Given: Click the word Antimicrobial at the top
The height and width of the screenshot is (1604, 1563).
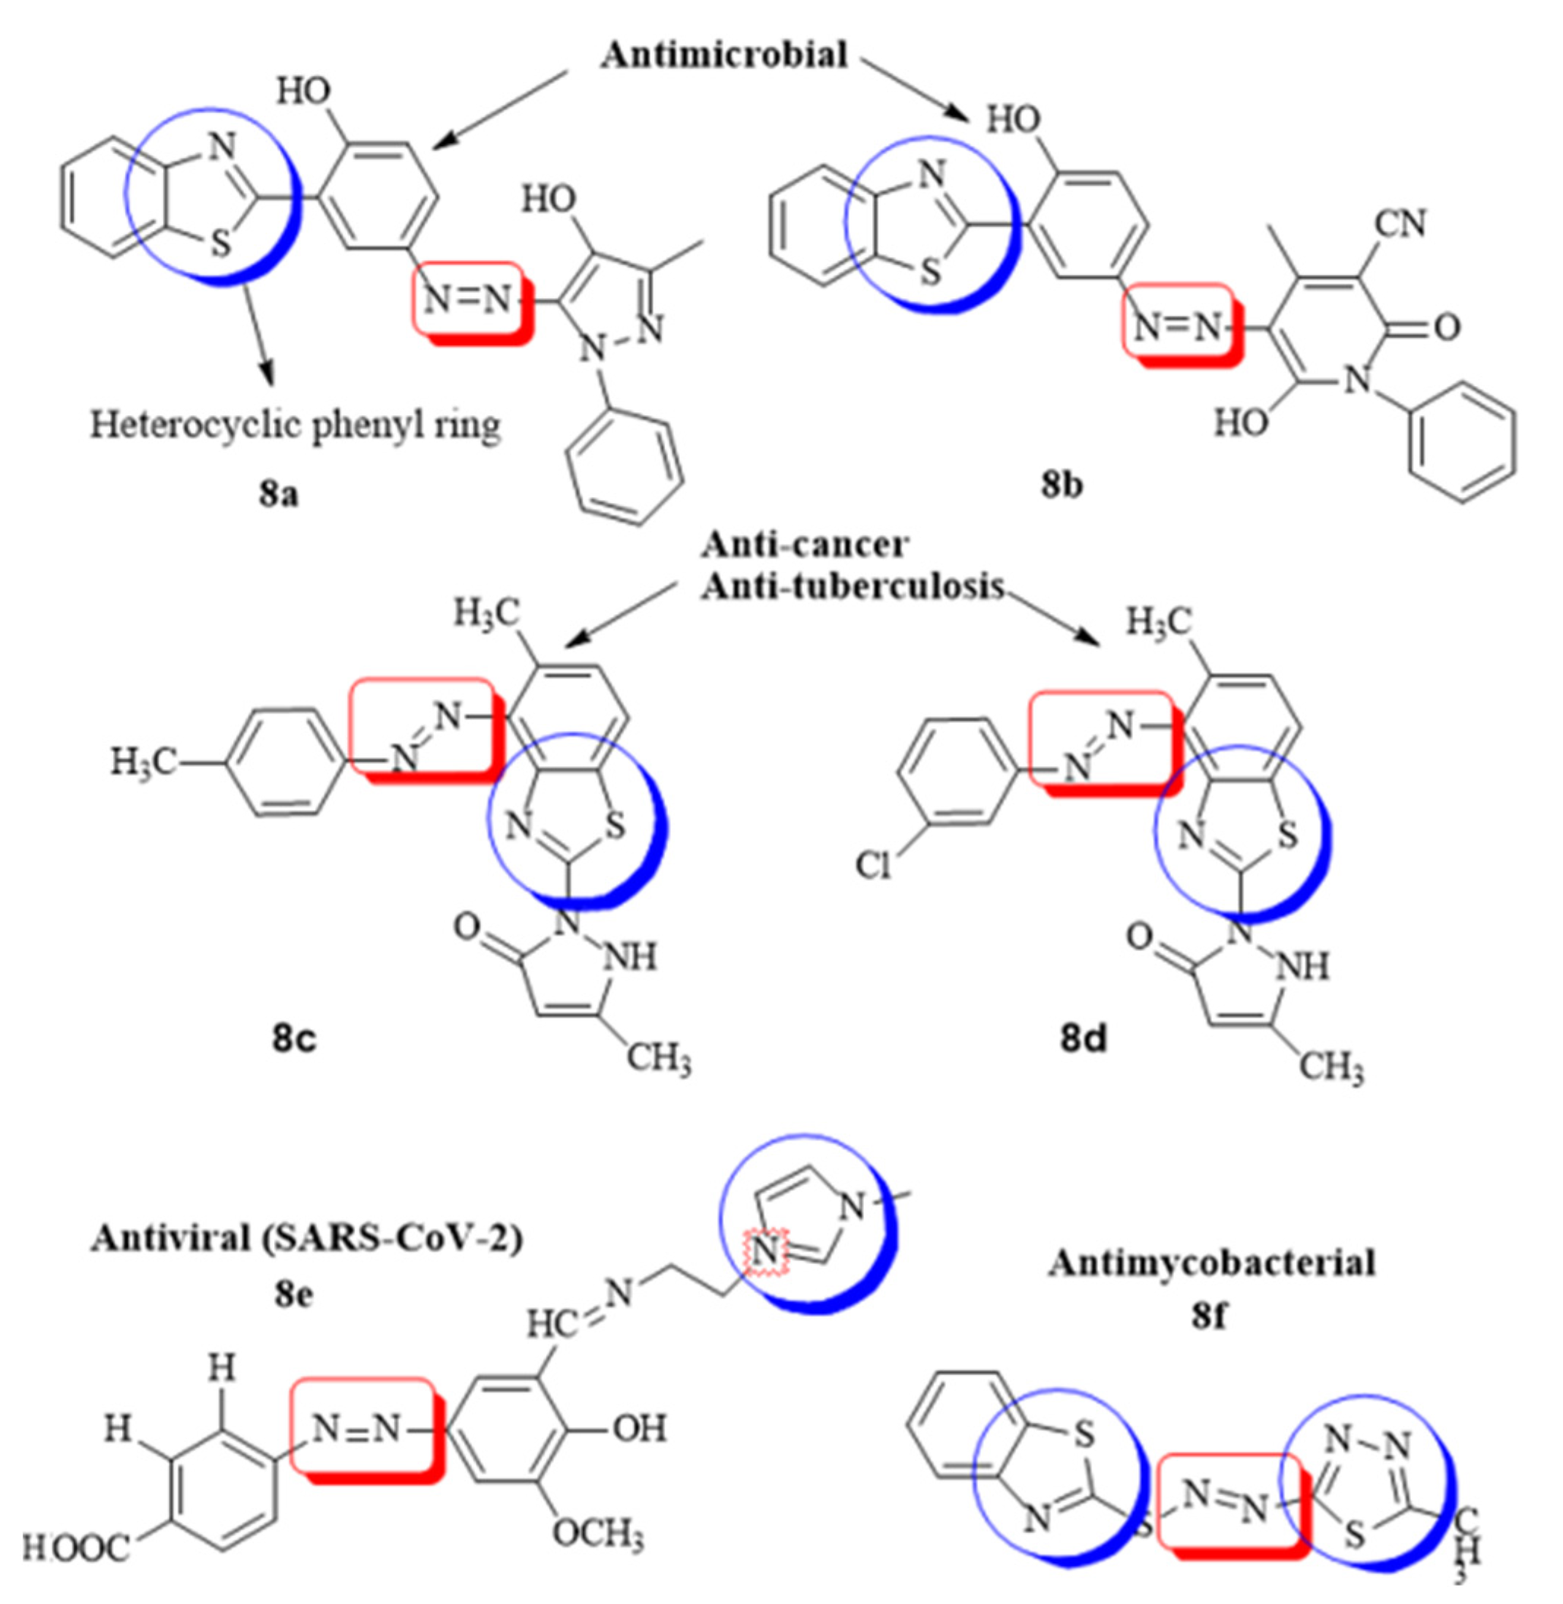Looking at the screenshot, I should (x=723, y=55).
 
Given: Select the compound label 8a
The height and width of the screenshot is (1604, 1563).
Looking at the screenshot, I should (x=279, y=494).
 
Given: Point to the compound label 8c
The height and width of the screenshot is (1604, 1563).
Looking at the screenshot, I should (x=294, y=1037).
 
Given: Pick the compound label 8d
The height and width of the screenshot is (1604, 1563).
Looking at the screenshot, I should (x=1083, y=1038).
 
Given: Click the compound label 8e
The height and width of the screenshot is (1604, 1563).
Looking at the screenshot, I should (x=294, y=1294).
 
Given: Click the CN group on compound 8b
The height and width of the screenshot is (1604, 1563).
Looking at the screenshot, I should (x=1401, y=223).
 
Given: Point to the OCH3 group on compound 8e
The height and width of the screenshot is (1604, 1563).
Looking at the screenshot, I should (x=597, y=1532).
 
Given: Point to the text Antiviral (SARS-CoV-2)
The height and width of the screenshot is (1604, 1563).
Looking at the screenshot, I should (x=307, y=1238).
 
